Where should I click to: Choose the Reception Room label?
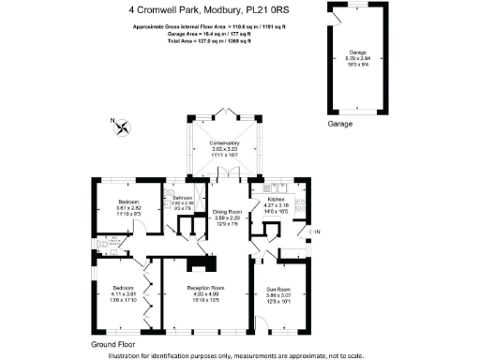point(204,287)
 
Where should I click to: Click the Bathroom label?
point(182,200)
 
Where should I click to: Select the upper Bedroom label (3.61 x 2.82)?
point(128,202)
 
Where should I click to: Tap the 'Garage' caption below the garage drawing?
point(340,124)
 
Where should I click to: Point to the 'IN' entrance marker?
point(317,232)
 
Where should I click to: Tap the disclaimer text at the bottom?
point(239,353)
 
